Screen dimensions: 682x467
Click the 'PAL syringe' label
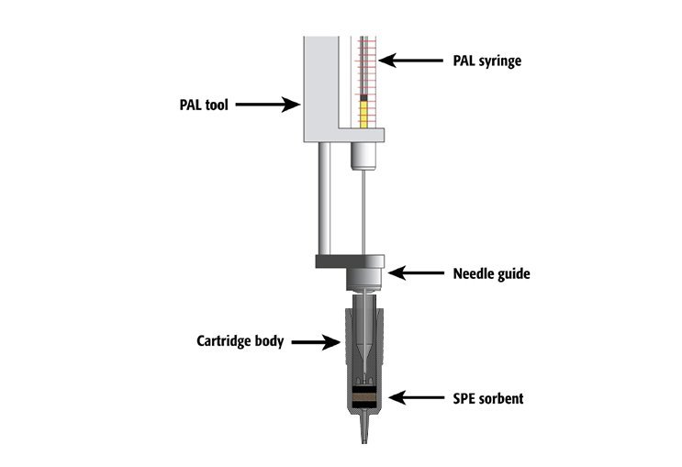pos(486,61)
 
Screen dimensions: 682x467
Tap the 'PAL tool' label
pos(204,105)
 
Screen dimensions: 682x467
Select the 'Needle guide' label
pos(491,274)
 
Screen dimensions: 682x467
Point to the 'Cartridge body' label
pos(240,341)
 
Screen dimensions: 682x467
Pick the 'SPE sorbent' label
pos(488,398)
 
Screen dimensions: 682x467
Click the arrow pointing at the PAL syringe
pos(411,61)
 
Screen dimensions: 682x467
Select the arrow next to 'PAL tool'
pos(267,105)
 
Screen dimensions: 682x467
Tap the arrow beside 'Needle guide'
pos(416,273)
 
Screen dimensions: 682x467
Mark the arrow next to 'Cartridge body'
pos(316,342)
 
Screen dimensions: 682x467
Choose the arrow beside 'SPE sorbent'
pos(416,397)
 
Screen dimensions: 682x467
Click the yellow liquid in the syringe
pos(363,115)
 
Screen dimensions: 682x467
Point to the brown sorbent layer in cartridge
pos(364,397)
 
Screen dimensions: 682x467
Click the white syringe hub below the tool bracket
pos(363,156)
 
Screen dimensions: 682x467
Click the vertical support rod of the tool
pos(324,198)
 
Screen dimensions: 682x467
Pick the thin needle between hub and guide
pos(363,212)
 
